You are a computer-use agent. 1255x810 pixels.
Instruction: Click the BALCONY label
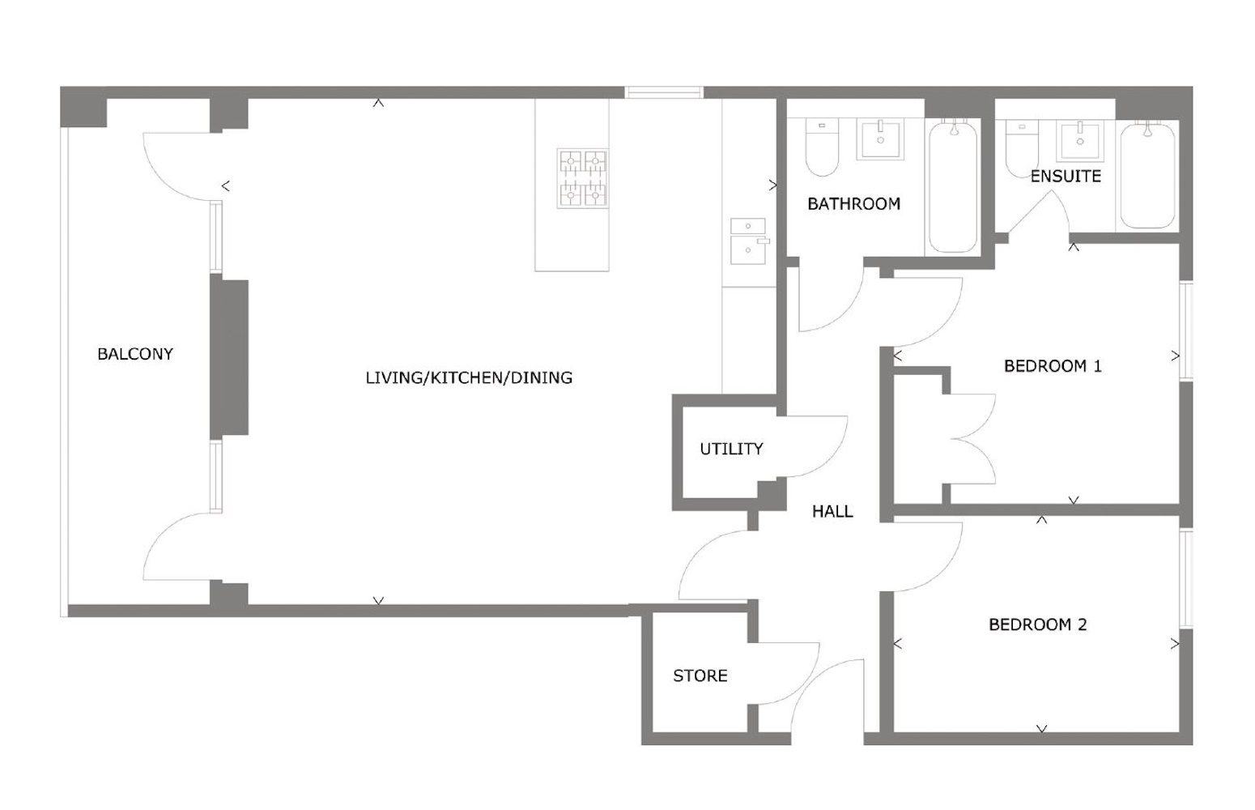tap(135, 354)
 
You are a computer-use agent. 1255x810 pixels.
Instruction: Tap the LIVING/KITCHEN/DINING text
tap(469, 377)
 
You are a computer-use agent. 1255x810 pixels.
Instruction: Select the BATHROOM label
tap(854, 204)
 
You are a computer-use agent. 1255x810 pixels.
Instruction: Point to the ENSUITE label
tap(1066, 176)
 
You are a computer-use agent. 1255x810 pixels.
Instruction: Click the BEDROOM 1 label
tap(1053, 366)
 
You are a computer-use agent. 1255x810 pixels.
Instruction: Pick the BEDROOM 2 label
tap(1038, 625)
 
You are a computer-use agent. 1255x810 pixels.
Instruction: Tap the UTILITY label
tap(731, 449)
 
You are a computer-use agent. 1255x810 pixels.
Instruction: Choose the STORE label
tap(700, 676)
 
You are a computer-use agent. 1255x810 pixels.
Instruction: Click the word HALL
tap(832, 511)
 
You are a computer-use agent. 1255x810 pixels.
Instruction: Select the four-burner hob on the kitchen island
tap(583, 179)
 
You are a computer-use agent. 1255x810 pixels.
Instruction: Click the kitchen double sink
tap(748, 241)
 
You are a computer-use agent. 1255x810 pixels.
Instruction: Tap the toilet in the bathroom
tap(822, 147)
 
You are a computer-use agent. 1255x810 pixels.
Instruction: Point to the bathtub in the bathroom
tap(953, 185)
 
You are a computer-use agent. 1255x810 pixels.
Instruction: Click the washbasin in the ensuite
tap(1079, 140)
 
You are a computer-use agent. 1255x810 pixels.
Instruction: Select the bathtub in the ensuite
tap(1147, 174)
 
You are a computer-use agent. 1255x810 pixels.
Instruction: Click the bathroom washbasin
tap(879, 139)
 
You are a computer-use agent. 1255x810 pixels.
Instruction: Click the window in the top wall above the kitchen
tap(664, 92)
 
